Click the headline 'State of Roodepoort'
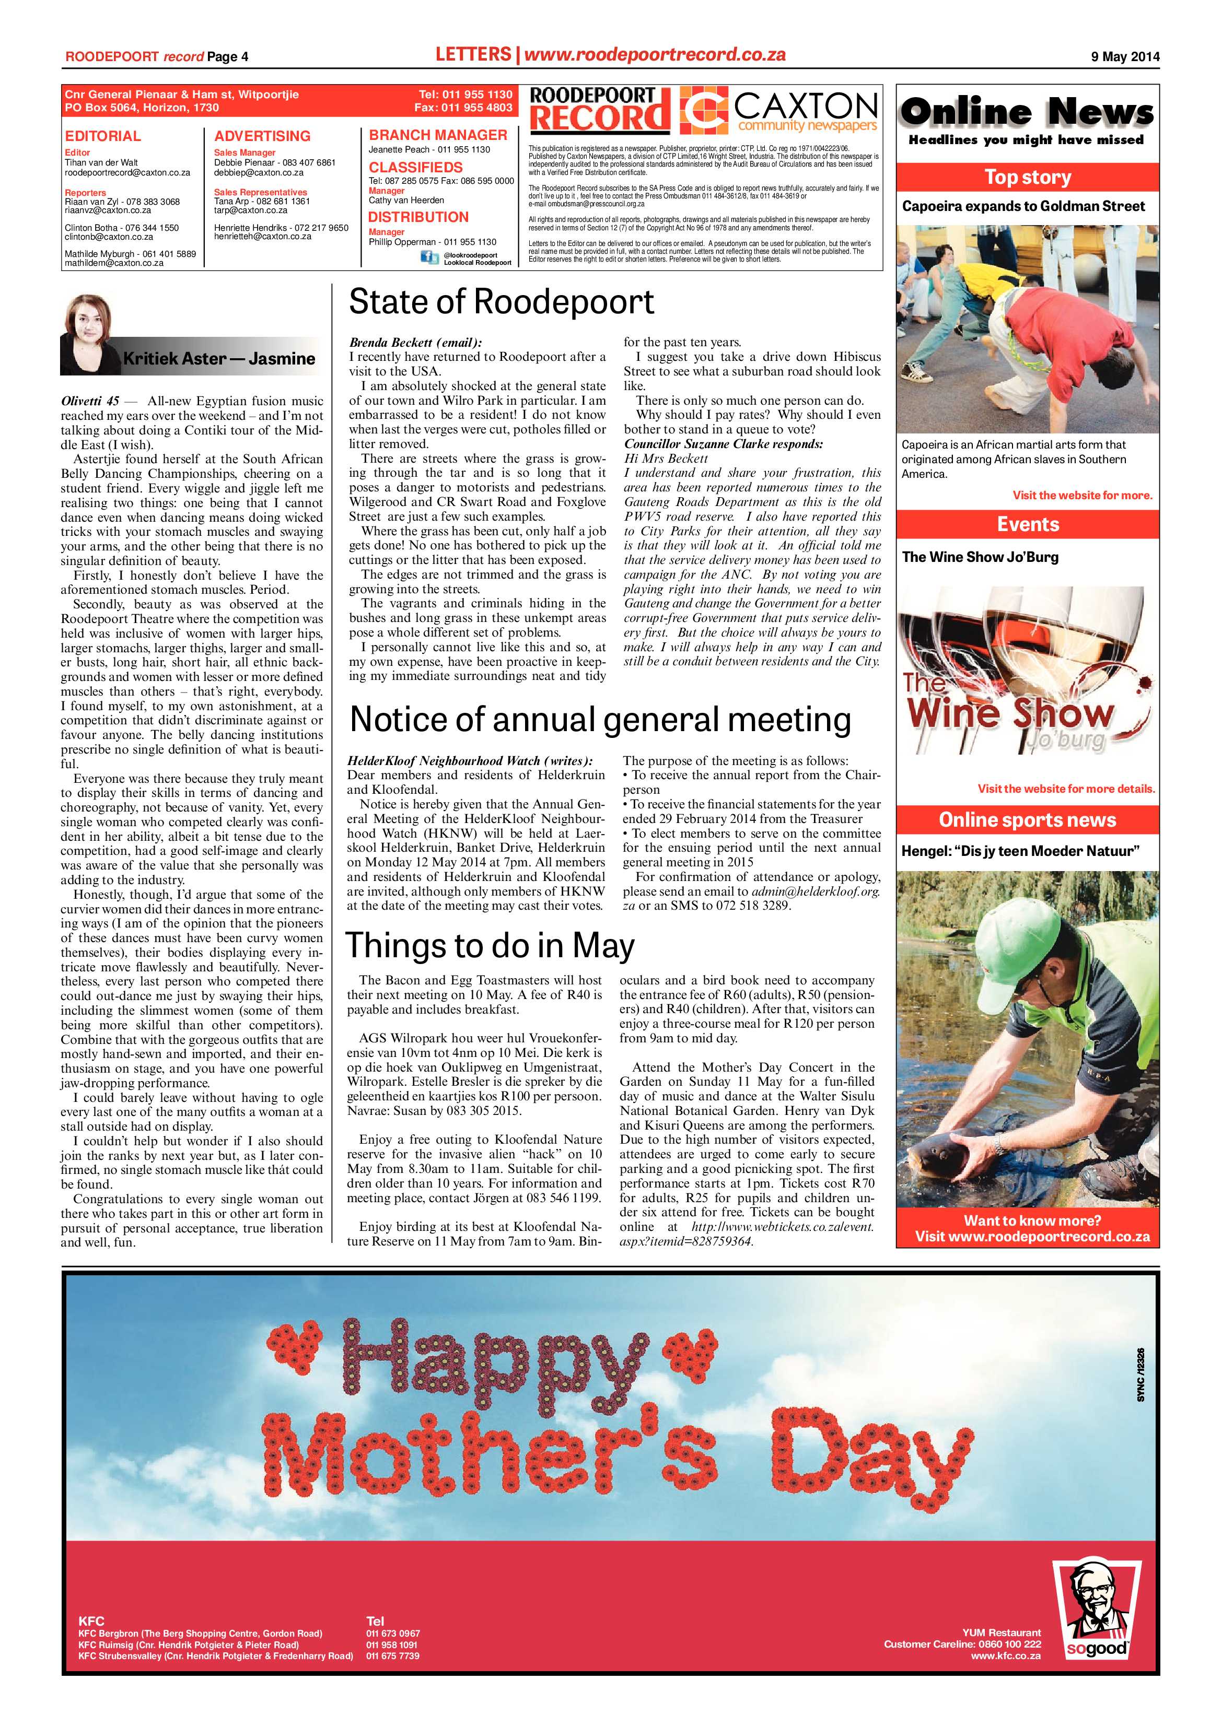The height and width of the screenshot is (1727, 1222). [x=501, y=302]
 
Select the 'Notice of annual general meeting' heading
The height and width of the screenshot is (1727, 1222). [x=600, y=720]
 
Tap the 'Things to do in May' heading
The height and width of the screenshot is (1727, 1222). [x=490, y=946]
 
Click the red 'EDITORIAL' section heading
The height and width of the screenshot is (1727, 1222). [x=102, y=136]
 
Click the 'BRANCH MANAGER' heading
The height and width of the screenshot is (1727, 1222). [x=438, y=135]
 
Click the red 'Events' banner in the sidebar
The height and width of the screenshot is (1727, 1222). [x=1027, y=524]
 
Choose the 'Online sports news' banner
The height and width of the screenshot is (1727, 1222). [x=1027, y=820]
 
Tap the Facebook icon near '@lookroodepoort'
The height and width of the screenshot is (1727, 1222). [x=429, y=258]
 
